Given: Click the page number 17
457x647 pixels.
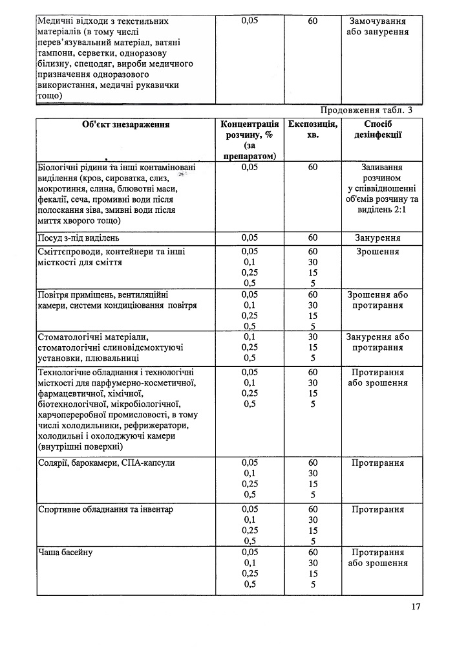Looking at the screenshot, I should (415, 606).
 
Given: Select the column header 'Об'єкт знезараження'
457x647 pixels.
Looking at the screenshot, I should (126, 124).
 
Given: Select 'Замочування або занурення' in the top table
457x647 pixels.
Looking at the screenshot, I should (378, 27).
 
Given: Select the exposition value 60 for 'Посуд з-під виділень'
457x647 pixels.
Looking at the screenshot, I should (313, 238).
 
